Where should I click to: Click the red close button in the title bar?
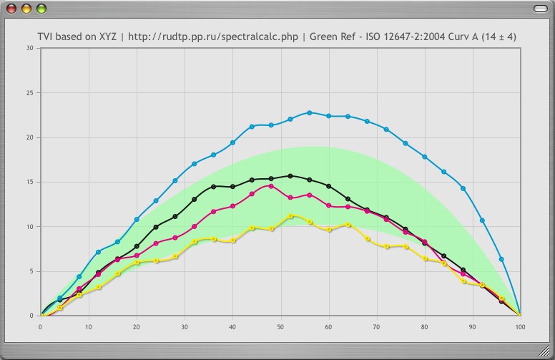12,9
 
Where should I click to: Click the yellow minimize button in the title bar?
26,9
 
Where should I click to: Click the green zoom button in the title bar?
41,9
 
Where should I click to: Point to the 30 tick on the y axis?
29,48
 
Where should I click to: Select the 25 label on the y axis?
29,93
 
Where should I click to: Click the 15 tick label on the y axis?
29,182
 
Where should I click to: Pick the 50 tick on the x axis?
280,326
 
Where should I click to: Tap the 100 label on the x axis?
520,326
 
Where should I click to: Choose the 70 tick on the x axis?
376,326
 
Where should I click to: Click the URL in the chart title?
213,37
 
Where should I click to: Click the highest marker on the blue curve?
310,112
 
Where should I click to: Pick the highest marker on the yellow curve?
290,215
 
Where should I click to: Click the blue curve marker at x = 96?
501,259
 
